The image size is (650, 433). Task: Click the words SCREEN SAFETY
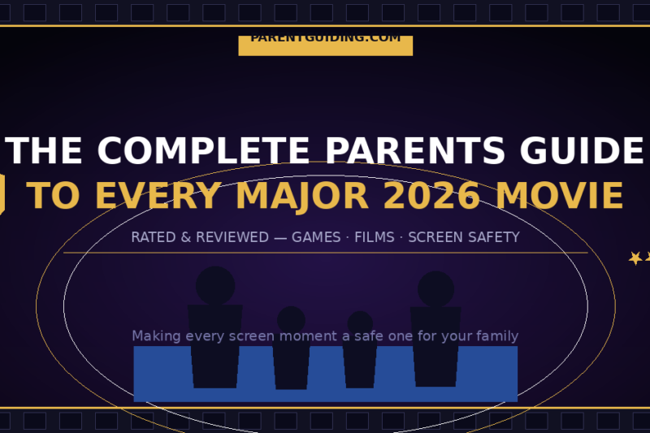[463, 237]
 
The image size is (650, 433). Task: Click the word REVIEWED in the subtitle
[228, 237]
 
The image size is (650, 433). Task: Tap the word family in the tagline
[497, 336]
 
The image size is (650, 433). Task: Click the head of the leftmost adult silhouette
[215, 285]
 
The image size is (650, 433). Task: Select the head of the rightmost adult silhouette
[435, 288]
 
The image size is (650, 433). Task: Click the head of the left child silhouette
[291, 319]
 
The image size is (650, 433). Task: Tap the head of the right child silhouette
[360, 323]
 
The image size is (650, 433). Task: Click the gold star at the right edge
[635, 258]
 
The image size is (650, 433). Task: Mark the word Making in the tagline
[156, 336]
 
